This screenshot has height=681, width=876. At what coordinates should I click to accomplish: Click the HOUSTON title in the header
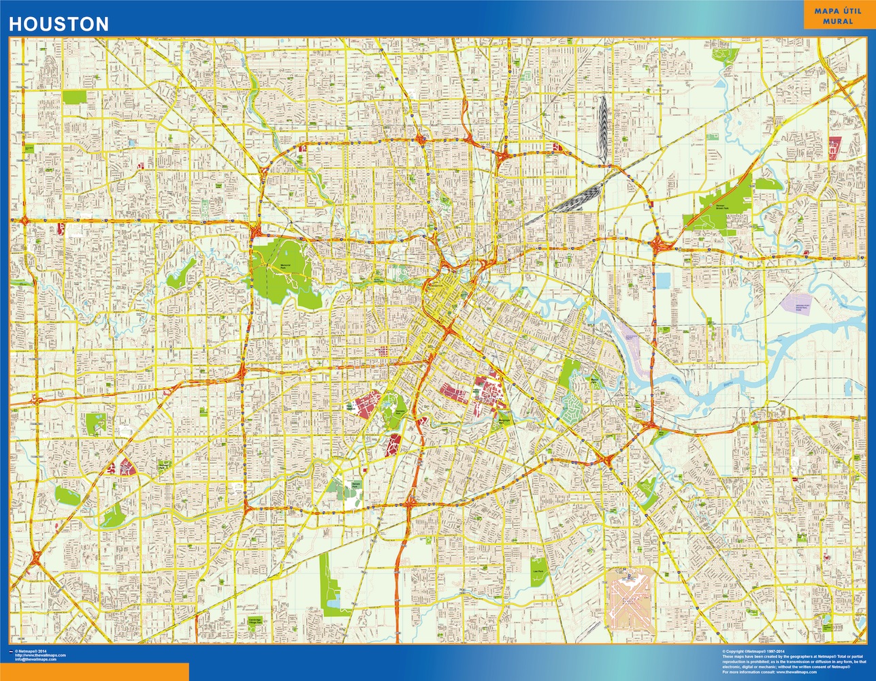59,24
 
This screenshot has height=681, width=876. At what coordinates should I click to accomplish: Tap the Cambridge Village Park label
255,621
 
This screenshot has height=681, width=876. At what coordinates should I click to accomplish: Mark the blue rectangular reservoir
662,280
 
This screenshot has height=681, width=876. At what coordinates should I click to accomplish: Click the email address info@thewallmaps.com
40,660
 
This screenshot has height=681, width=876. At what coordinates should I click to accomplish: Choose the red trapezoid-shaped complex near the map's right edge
835,146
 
